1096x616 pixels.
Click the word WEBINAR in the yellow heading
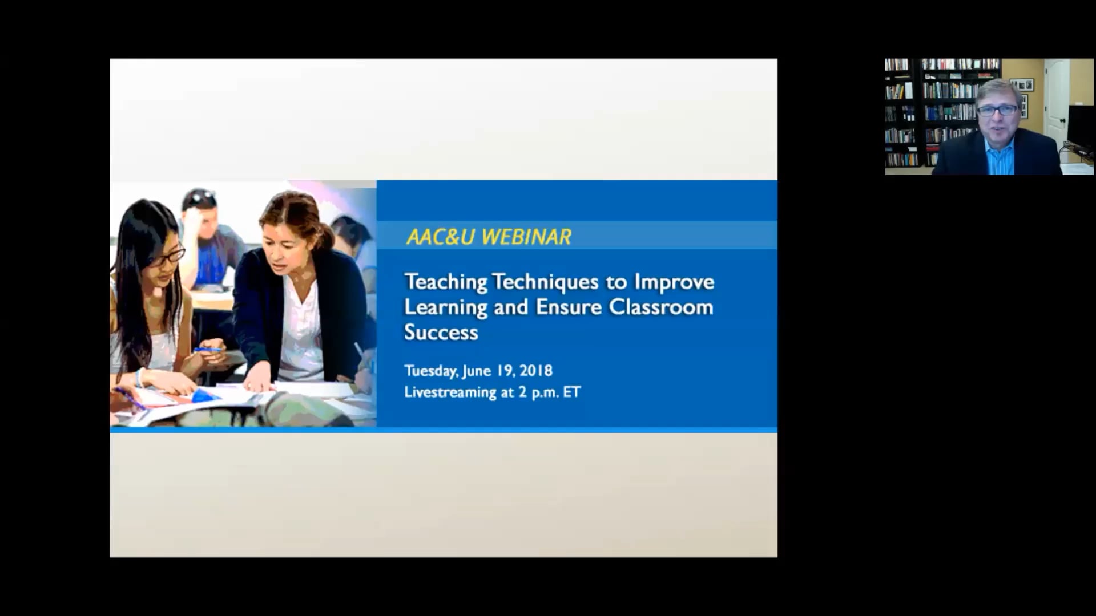[526, 237]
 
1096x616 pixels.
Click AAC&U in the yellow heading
[440, 237]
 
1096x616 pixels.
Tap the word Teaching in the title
[446, 282]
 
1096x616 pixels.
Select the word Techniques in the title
[546, 282]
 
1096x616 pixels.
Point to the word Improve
[675, 282]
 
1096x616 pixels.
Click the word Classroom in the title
[661, 307]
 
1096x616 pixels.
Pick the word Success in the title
[441, 333]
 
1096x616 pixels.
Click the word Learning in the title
[446, 308]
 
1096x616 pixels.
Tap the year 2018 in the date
[536, 371]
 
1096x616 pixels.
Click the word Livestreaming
[450, 392]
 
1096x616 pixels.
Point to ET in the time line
[572, 392]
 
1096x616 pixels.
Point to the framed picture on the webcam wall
[1022, 85]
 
